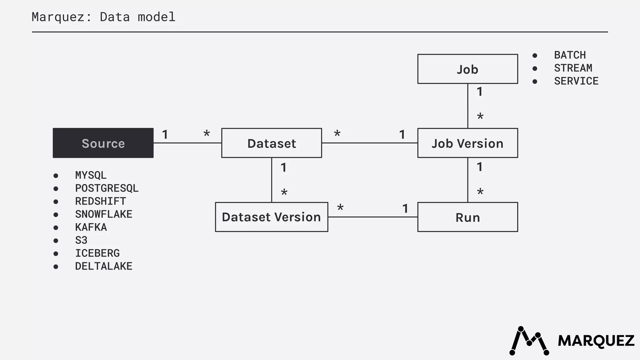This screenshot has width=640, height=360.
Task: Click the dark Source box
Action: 103,143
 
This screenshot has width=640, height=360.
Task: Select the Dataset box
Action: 272,143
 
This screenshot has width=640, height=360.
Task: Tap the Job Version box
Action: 467,143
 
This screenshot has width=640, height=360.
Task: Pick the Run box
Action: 467,217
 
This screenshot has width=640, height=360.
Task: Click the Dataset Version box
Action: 272,217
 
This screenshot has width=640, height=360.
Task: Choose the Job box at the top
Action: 467,69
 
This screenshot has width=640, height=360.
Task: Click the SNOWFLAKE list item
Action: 103,214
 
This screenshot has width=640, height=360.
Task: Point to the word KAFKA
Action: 91,227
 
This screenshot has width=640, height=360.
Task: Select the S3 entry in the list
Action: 81,240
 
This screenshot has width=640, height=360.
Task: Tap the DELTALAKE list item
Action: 103,266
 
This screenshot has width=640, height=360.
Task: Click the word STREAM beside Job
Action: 573,68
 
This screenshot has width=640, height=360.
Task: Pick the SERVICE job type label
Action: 576,81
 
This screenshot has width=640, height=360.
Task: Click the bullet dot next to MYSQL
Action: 56,176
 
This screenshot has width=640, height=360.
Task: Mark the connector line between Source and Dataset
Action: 187,143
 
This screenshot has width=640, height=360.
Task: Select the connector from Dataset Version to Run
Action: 372,217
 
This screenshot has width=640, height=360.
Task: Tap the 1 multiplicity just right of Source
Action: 165,135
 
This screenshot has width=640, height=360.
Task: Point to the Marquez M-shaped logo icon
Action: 529,341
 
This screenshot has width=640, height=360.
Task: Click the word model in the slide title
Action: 157,17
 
